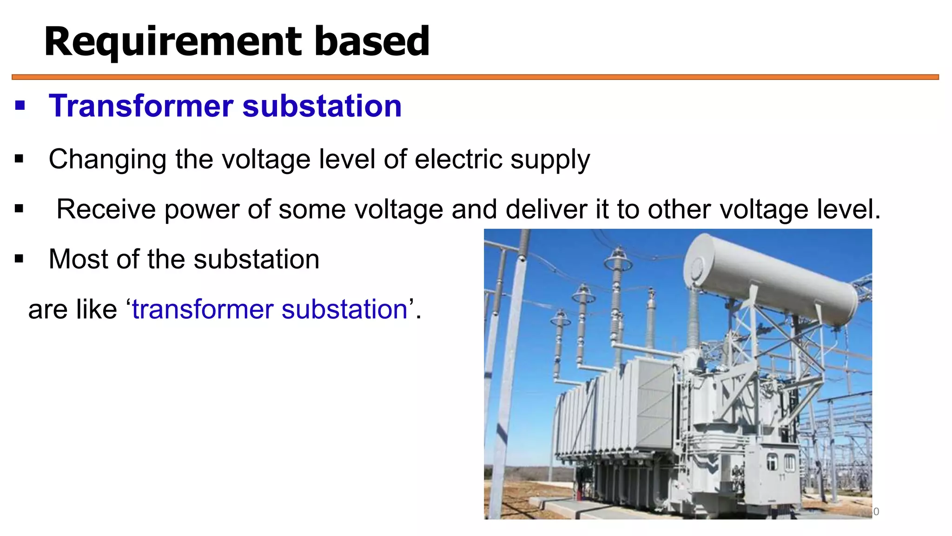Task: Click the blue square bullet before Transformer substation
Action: click(20, 106)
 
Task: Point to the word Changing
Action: click(107, 160)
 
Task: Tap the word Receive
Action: click(106, 209)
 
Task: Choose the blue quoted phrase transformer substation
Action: click(270, 309)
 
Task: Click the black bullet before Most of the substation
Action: click(19, 259)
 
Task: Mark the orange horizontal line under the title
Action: click(475, 77)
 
